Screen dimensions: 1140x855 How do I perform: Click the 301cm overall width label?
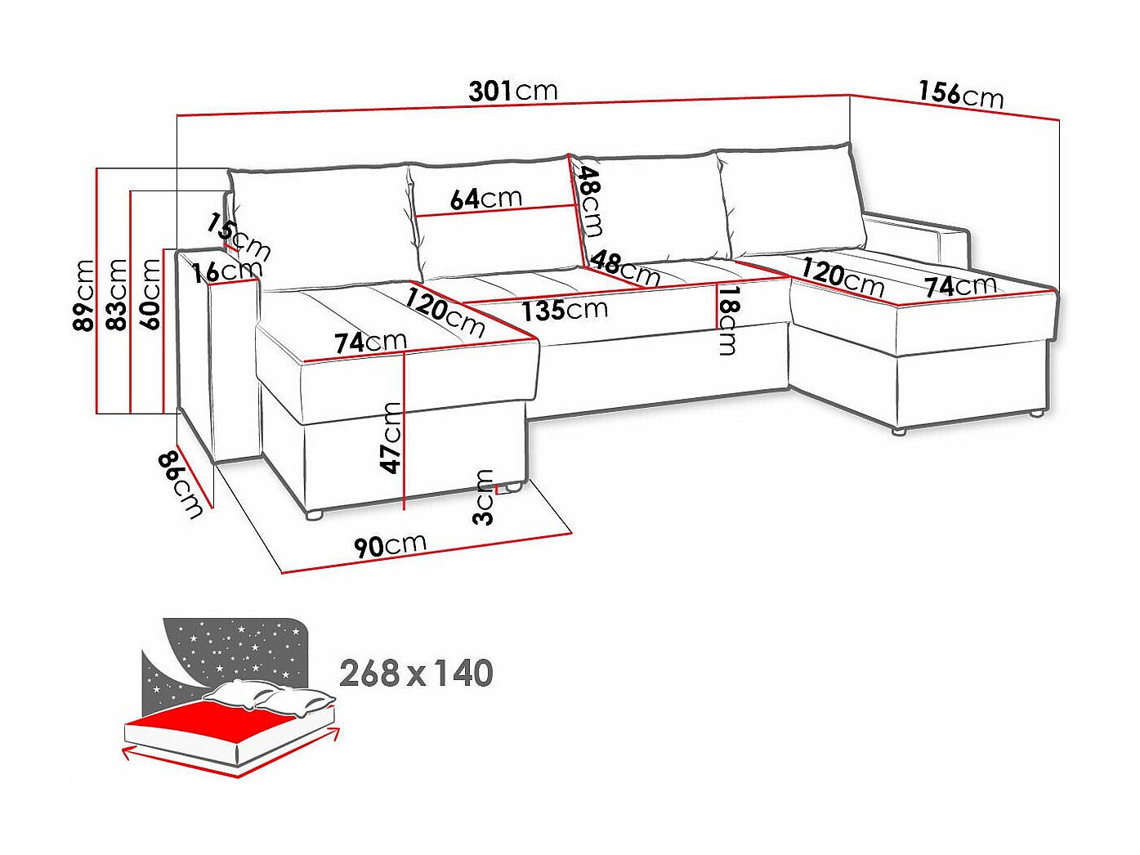pyautogui.click(x=513, y=91)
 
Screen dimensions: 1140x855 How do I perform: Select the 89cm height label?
pyautogui.click(x=84, y=295)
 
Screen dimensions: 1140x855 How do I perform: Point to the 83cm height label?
pyautogui.click(x=116, y=294)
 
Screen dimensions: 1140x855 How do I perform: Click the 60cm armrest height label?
pyautogui.click(x=150, y=294)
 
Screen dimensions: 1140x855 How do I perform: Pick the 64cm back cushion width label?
pyautogui.click(x=485, y=199)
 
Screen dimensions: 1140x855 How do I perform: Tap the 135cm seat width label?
pyautogui.click(x=565, y=310)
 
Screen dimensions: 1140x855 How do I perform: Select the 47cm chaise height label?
pyautogui.click(x=391, y=438)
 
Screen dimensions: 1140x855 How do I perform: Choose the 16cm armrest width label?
pyautogui.click(x=227, y=271)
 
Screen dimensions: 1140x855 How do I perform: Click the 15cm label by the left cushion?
pyautogui.click(x=239, y=237)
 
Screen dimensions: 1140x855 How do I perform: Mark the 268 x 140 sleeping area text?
pyautogui.click(x=416, y=674)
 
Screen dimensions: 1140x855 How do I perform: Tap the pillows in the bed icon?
pyautogui.click(x=269, y=696)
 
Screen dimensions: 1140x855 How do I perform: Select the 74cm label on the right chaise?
pyautogui.click(x=961, y=286)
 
